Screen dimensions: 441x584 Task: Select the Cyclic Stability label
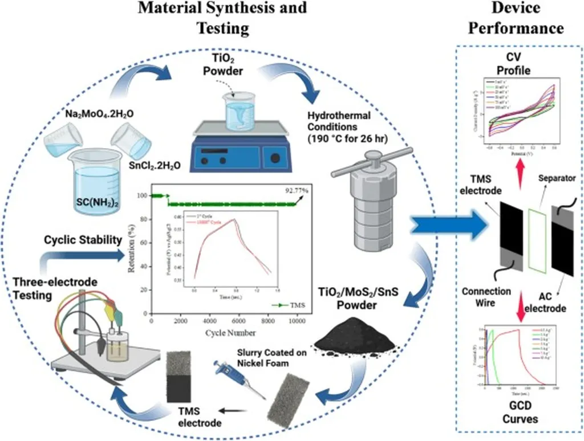[x=83, y=240]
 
